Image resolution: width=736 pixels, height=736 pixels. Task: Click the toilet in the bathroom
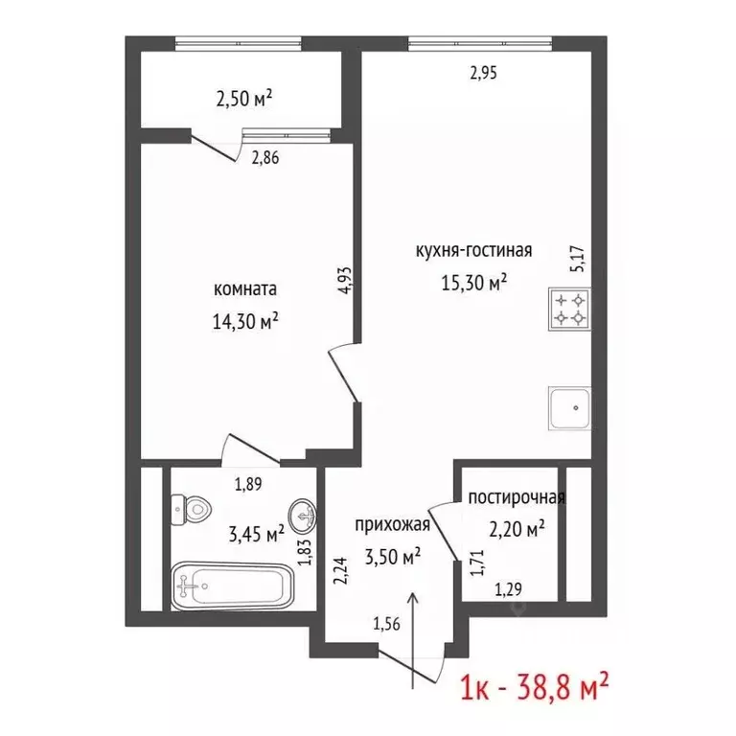[x=191, y=510]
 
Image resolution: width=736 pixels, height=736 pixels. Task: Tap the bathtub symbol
[x=232, y=586]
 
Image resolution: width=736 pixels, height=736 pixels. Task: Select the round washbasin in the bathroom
[x=303, y=516]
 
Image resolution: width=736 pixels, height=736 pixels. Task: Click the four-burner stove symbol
[x=569, y=309]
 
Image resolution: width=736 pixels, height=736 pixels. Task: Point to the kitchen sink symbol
[x=569, y=408]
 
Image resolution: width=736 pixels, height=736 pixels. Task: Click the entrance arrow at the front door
[x=413, y=640]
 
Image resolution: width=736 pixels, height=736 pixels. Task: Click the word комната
[x=245, y=288]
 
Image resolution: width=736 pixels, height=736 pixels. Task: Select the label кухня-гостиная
[x=474, y=250]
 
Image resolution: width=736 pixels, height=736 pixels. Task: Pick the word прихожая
[x=392, y=524]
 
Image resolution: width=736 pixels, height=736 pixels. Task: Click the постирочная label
[x=517, y=497]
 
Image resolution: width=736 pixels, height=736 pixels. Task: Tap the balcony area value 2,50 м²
[x=244, y=99]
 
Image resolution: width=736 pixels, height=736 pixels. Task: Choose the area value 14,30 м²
[x=245, y=322]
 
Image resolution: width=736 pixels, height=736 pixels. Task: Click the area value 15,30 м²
[x=474, y=283]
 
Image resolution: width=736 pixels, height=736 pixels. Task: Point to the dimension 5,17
[x=577, y=259]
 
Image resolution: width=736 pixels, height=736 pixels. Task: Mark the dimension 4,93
[x=345, y=280]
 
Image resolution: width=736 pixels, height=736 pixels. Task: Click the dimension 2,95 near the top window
[x=483, y=73]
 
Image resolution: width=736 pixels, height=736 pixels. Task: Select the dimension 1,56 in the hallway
[x=387, y=624]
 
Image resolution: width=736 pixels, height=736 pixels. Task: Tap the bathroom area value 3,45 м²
[x=256, y=534]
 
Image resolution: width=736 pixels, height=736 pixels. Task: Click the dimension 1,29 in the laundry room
[x=509, y=589]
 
